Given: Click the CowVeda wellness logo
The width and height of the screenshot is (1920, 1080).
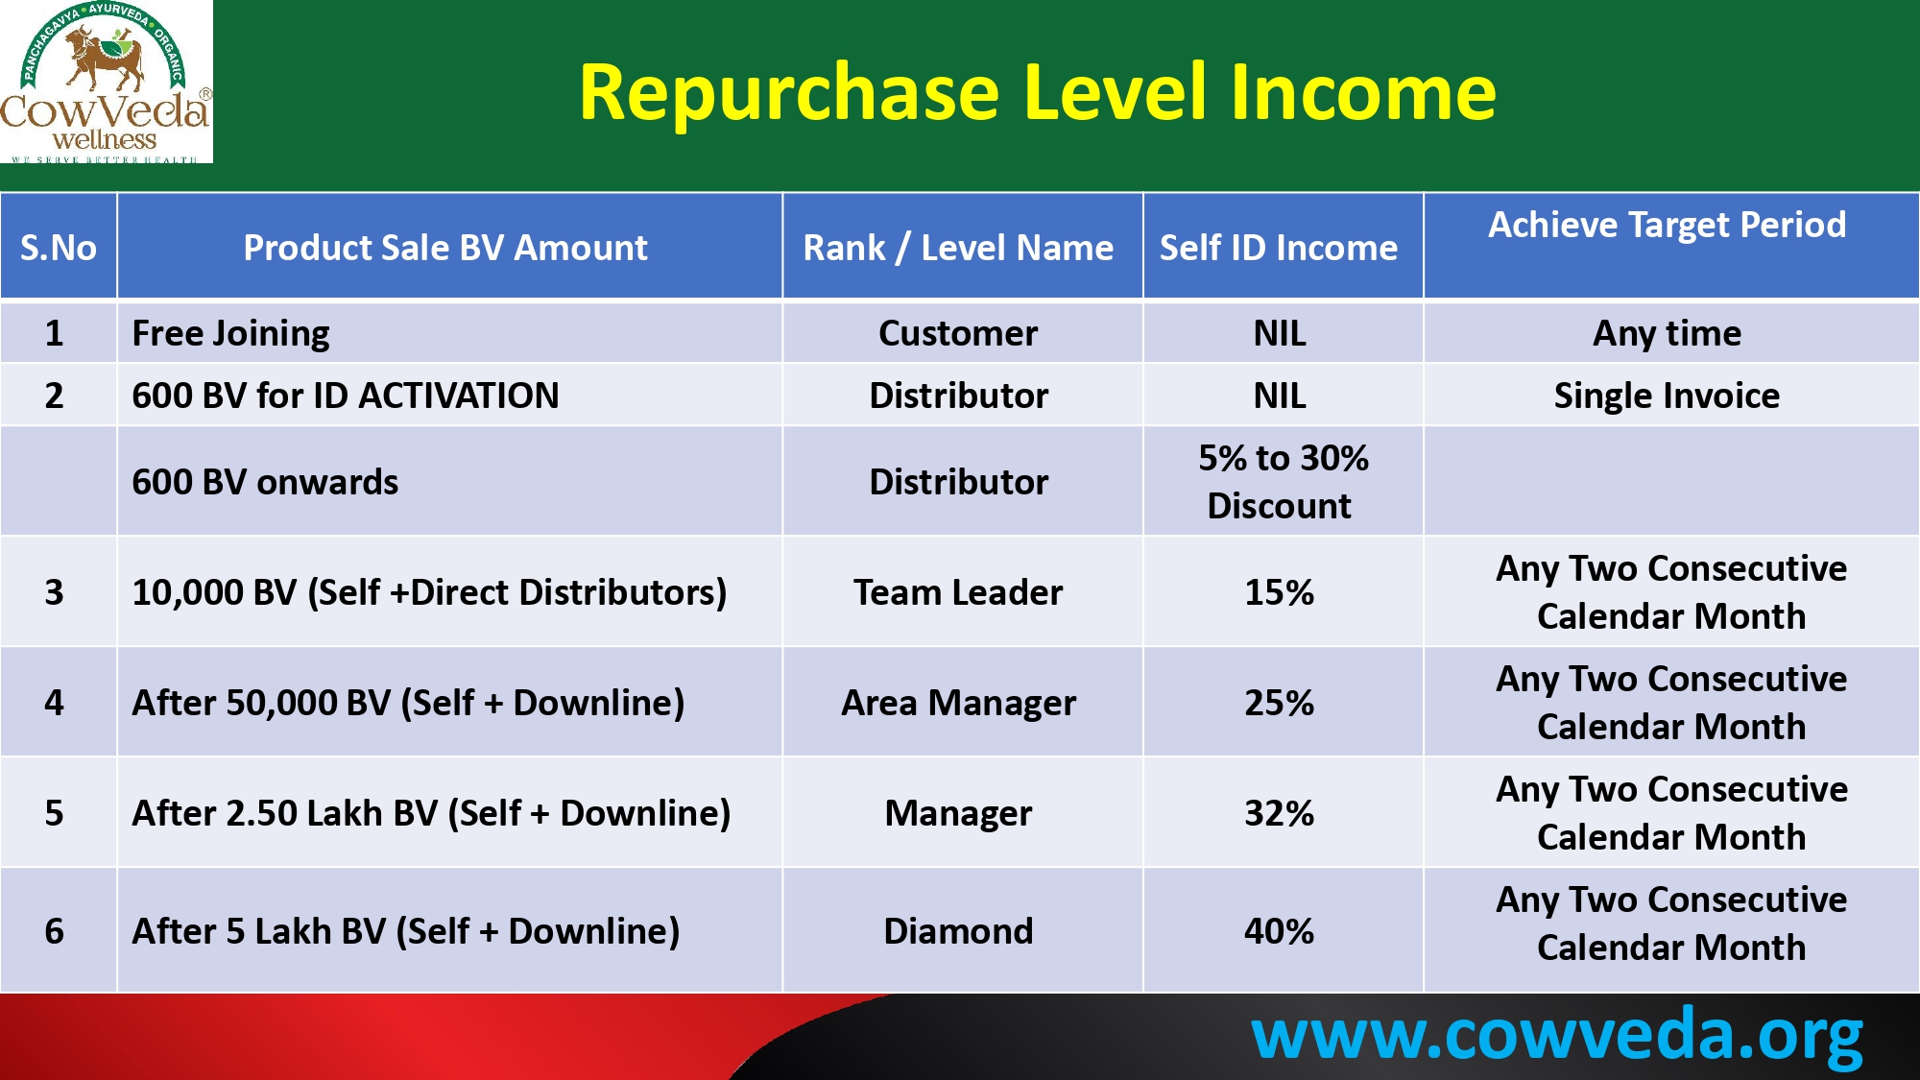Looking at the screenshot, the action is [106, 82].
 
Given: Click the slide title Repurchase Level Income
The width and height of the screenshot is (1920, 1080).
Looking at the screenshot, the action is [1037, 92].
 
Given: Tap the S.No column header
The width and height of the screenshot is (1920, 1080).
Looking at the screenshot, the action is [59, 248].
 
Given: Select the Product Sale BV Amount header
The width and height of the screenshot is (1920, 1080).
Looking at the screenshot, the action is [445, 248].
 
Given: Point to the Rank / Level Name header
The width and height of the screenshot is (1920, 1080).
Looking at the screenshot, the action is [958, 248].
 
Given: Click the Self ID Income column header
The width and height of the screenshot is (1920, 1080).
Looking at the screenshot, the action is [1279, 248].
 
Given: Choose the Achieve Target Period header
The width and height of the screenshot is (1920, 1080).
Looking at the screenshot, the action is [1668, 225].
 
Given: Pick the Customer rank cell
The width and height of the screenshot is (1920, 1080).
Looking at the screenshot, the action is [958, 333].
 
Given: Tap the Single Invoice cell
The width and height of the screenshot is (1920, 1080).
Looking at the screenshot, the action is [1667, 396].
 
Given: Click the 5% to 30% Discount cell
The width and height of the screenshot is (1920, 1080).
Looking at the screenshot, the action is [1282, 482].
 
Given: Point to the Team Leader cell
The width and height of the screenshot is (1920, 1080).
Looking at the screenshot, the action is [958, 592].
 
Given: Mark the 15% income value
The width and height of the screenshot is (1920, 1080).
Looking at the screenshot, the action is [1279, 592].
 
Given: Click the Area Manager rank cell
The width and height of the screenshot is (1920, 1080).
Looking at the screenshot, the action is [958, 704].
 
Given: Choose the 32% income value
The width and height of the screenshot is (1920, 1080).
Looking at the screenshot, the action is [1279, 813].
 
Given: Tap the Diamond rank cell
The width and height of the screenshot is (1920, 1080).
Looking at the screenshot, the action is [958, 931].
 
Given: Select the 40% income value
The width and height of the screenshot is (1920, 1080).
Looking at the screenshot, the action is [1279, 931].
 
